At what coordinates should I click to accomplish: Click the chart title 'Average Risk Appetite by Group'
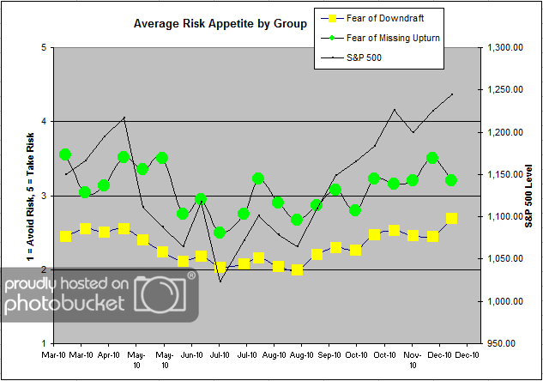[220, 24]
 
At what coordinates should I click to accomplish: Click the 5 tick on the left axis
[43, 47]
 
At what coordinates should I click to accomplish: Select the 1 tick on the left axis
[43, 343]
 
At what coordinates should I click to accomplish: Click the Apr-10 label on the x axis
[110, 354]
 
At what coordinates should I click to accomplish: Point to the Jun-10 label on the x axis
[192, 354]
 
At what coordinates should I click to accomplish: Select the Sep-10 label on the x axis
[330, 354]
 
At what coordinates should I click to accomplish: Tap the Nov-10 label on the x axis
[413, 358]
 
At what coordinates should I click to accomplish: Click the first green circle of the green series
[65, 154]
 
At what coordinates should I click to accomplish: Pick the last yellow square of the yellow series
[452, 219]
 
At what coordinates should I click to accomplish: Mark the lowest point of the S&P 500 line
[220, 281]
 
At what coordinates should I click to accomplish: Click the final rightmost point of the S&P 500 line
[452, 94]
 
